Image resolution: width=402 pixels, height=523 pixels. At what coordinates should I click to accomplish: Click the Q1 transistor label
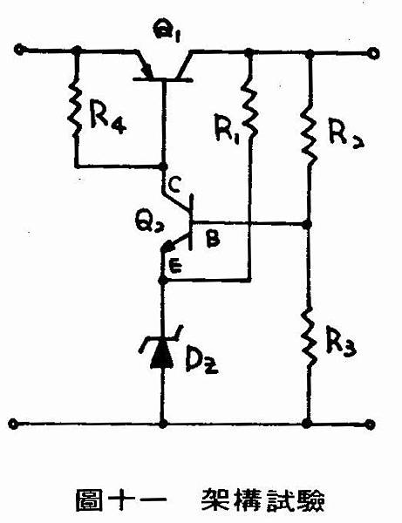tap(166, 31)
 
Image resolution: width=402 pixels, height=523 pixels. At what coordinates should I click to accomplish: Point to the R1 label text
tap(227, 129)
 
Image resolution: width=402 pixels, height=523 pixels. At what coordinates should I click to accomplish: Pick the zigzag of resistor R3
tap(310, 336)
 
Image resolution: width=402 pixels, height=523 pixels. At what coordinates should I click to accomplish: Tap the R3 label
tap(341, 343)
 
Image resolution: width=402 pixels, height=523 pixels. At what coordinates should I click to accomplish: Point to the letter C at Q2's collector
tap(174, 185)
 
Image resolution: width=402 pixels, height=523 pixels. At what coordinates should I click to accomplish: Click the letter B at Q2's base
tap(213, 239)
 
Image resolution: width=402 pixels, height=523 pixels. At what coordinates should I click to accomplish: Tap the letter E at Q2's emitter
tap(175, 266)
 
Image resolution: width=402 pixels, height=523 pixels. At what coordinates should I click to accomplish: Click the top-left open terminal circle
tap(19, 50)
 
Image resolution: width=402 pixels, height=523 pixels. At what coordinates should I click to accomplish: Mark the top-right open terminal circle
tap(373, 53)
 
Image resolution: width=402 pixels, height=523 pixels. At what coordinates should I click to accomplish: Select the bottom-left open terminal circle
tap(13, 424)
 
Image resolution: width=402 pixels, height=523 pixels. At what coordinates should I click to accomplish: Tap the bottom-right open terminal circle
tap(370, 425)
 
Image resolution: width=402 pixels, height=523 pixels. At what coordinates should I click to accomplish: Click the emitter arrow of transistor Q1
tap(146, 71)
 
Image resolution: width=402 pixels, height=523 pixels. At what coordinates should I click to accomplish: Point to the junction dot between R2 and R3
tap(307, 225)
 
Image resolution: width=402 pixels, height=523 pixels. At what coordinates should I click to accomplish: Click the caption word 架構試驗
tap(262, 500)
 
